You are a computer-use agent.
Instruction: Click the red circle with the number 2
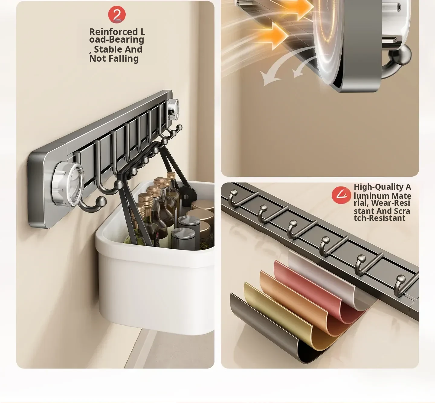pos(117,15)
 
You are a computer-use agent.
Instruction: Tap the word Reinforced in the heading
pos(114,32)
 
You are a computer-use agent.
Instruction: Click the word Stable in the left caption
pos(105,50)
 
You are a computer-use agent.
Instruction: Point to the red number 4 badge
pos(341,195)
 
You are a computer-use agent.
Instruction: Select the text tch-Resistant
pos(379,218)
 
